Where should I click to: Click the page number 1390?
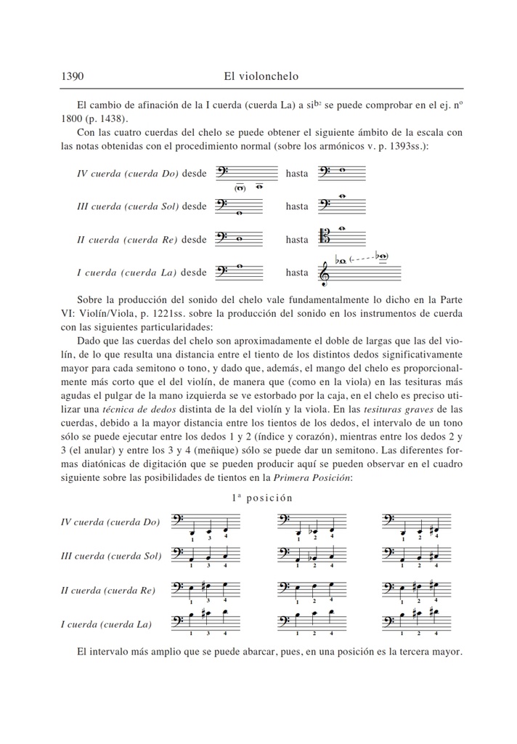(73, 76)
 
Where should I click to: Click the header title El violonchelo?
(261, 76)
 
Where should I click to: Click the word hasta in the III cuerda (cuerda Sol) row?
(296, 206)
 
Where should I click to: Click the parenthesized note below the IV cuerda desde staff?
(239, 188)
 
